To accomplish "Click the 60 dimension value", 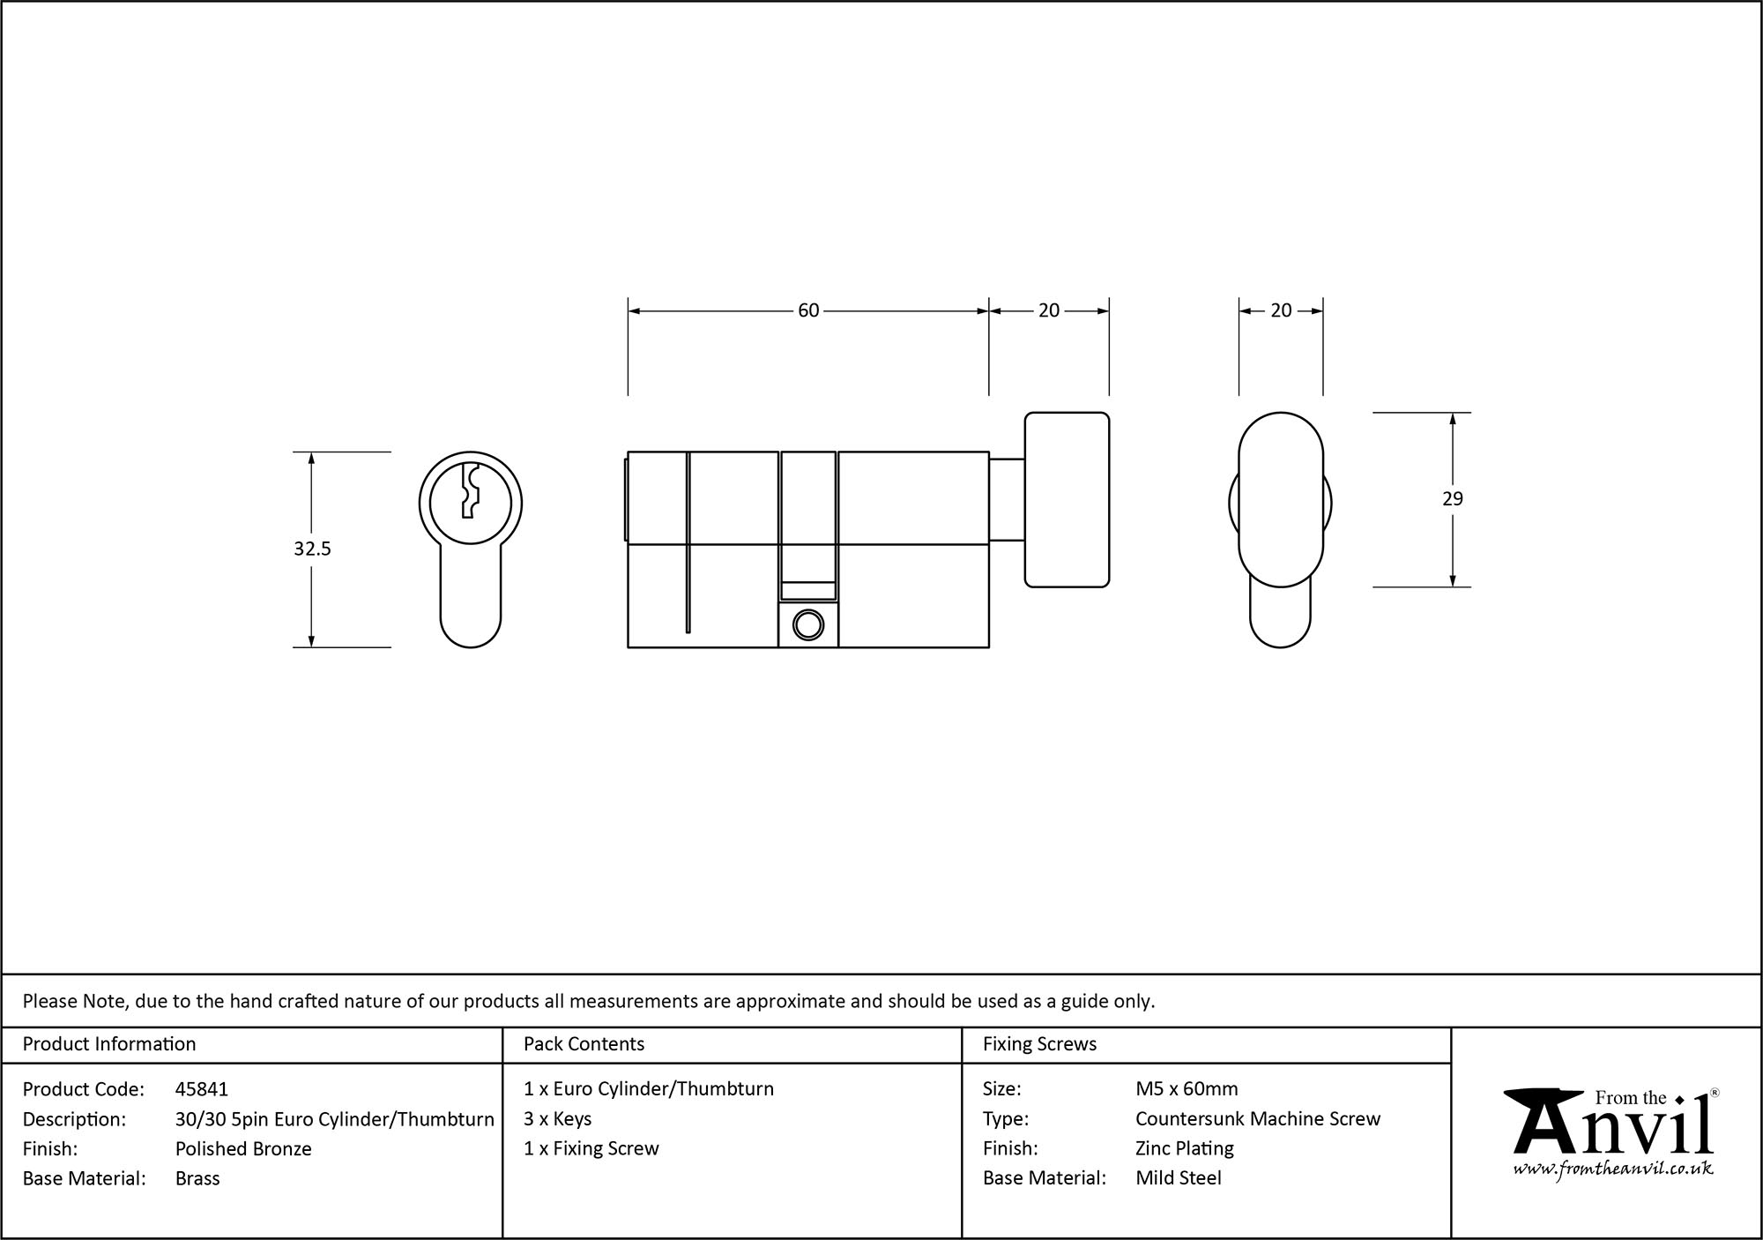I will (x=808, y=310).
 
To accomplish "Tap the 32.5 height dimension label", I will (x=312, y=549).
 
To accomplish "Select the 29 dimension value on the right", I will (x=1452, y=499).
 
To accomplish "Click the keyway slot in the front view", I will (x=470, y=491).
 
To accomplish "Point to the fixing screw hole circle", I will (x=807, y=624).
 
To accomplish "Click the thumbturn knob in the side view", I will (x=1067, y=499).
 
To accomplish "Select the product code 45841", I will (x=201, y=1089).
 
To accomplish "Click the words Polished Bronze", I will (x=243, y=1148).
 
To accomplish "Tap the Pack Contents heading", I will (x=584, y=1044).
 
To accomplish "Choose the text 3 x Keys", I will (x=557, y=1118).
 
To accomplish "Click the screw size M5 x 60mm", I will (x=1186, y=1089).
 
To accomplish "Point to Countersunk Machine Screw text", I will (x=1258, y=1118).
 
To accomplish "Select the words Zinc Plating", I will (x=1184, y=1148).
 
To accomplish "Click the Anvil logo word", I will (x=1613, y=1130).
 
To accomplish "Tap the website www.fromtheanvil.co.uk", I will (x=1613, y=1169).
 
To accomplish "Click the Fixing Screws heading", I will (x=1039, y=1044).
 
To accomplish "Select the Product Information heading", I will (x=109, y=1044).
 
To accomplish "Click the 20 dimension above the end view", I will (x=1281, y=310).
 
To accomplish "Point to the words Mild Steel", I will (x=1178, y=1178).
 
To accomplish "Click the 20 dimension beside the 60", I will (x=1048, y=310).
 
